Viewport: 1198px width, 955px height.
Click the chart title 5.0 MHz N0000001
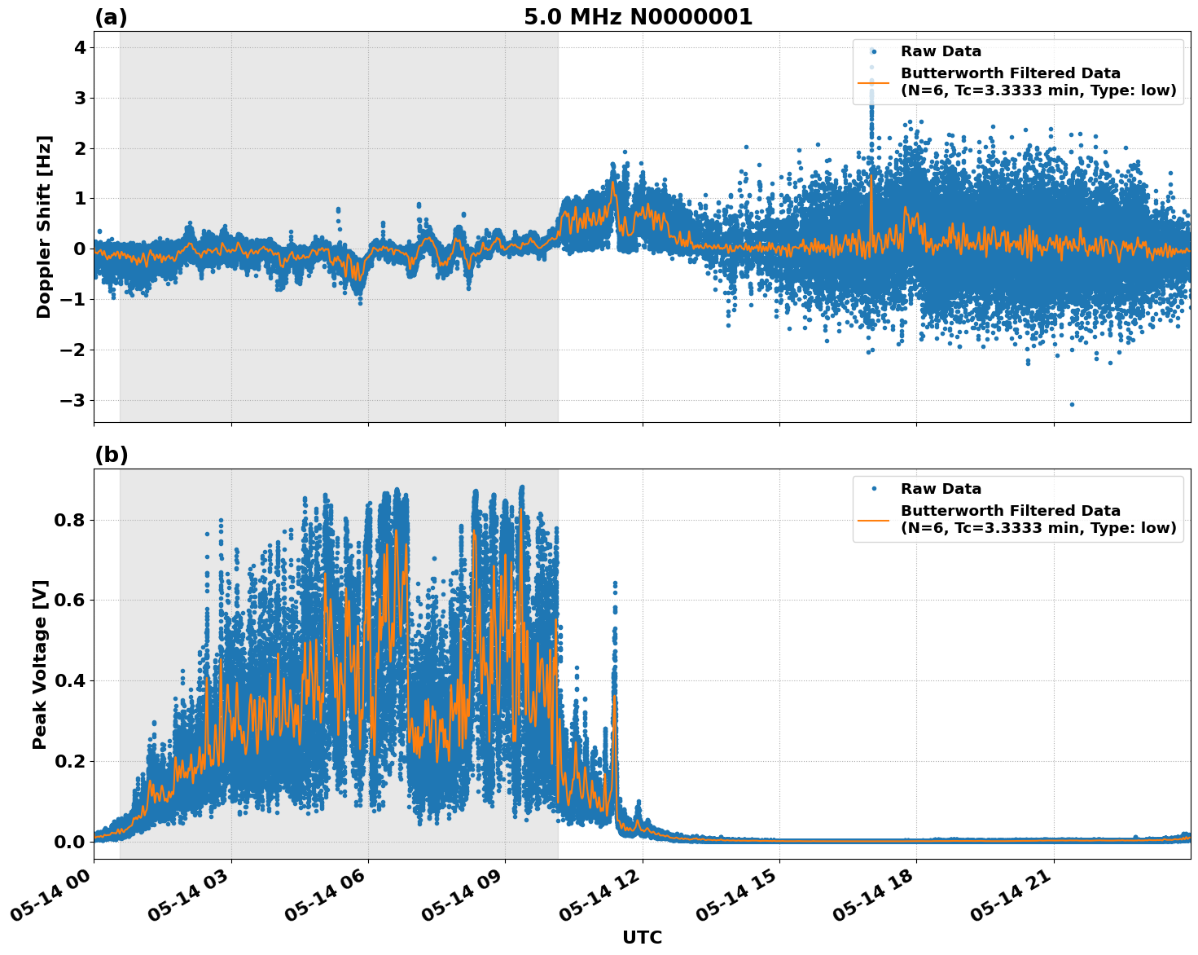coord(638,17)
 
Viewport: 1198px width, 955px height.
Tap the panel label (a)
coord(111,17)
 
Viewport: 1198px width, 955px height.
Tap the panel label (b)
coord(111,455)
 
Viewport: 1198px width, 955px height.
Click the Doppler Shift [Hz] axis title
coord(44,227)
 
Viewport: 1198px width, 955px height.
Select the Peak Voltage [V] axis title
coord(41,664)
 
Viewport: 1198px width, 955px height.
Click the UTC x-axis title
coord(642,937)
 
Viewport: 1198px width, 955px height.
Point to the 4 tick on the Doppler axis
coord(80,48)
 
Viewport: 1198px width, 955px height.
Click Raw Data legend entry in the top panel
coord(941,52)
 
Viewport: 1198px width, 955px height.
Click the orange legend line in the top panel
coord(874,82)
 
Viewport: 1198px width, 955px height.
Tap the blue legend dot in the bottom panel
coord(874,489)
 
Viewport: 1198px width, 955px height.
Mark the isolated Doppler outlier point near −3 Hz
coord(1072,404)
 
